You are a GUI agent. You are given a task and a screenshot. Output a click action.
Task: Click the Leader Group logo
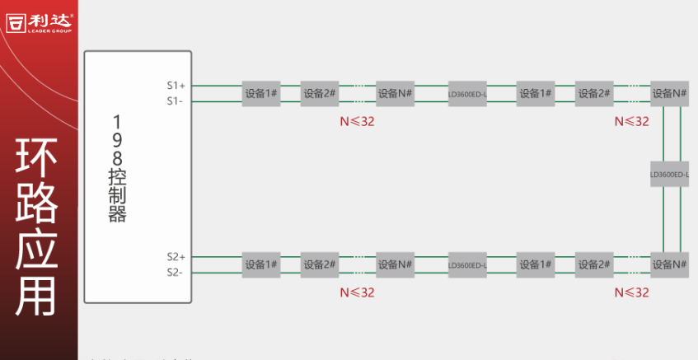pos(39,22)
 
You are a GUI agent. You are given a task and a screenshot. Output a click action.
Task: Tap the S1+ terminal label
pos(176,86)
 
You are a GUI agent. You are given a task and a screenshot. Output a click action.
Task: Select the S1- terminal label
pos(175,101)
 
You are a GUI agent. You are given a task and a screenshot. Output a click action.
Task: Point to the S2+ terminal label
pos(176,257)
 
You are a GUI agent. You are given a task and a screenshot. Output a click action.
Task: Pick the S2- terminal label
pos(175,273)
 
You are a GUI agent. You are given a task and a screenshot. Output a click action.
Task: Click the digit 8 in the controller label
pos(117,157)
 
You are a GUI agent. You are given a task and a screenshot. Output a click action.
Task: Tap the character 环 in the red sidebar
pos(38,160)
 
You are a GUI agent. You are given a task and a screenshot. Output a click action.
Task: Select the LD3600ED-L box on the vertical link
pos(669,175)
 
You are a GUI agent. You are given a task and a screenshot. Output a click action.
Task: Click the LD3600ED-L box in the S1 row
pos(467,94)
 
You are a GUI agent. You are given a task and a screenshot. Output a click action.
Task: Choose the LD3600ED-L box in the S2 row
pos(467,265)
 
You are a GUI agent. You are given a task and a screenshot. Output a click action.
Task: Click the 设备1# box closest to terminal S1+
pos(261,93)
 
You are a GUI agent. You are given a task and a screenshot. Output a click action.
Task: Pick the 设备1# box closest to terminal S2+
pos(261,264)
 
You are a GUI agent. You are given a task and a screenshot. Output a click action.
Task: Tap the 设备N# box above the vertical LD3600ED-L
pos(669,93)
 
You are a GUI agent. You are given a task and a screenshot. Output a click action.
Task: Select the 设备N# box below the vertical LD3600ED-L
pos(669,264)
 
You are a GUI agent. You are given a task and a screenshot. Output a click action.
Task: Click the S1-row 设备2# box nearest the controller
pos(320,93)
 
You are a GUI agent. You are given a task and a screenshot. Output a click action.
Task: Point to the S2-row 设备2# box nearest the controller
pos(320,264)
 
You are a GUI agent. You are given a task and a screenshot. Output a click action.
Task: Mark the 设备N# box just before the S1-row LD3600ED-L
pos(395,93)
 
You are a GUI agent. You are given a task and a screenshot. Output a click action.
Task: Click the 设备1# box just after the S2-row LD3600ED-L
pos(536,264)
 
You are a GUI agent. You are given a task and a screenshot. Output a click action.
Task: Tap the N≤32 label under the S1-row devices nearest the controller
pos(357,121)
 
